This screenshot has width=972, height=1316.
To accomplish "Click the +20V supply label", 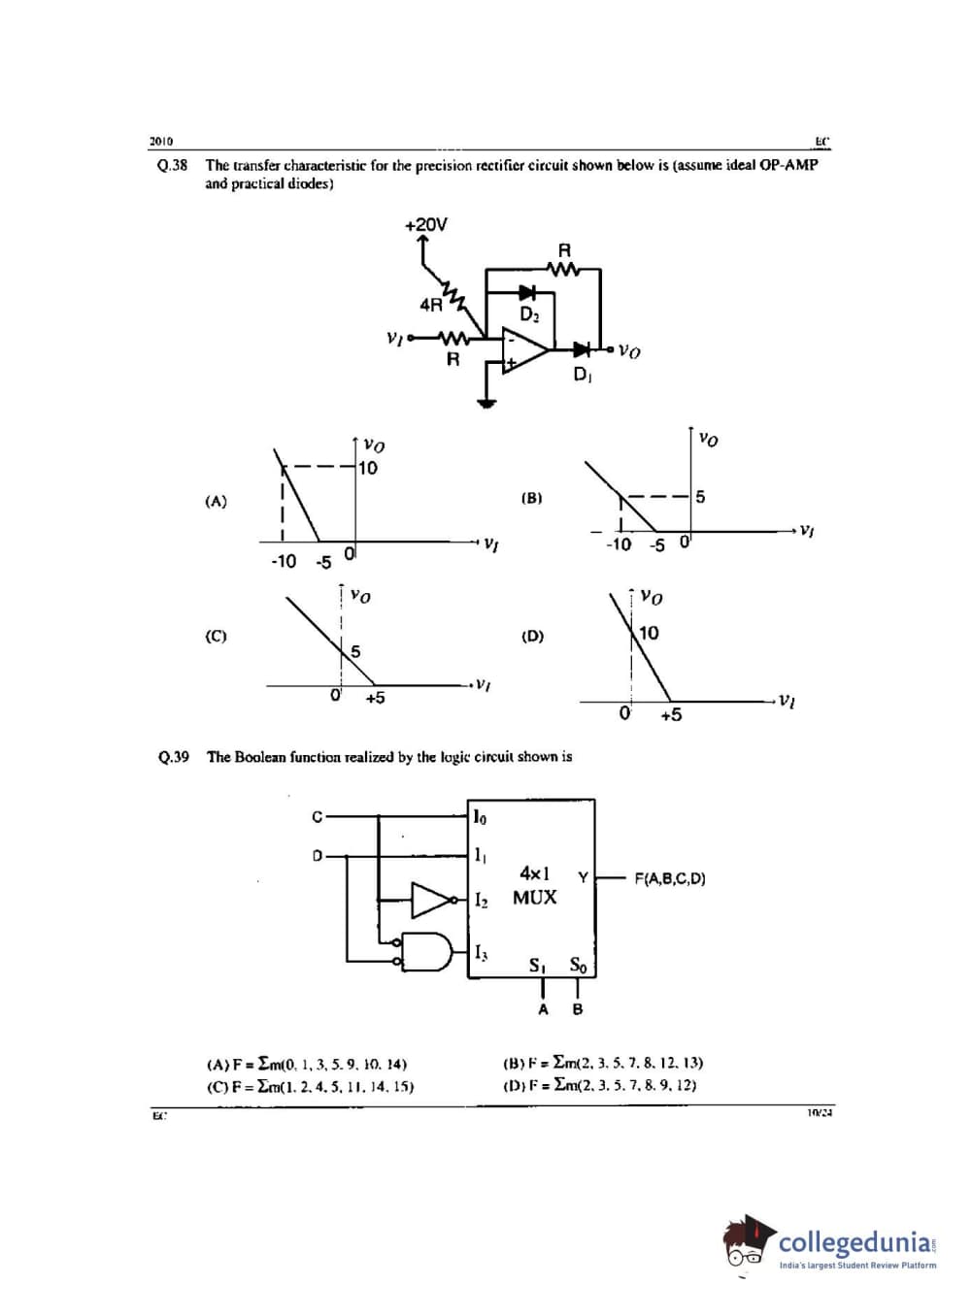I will [x=425, y=224].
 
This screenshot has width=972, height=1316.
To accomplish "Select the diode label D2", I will [x=529, y=314].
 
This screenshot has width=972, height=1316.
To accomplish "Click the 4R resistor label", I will [x=430, y=305].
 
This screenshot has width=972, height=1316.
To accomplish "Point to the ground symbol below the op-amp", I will [x=486, y=403].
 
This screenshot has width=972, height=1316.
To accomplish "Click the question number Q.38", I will [x=172, y=165].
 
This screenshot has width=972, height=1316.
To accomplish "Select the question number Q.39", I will [x=173, y=757].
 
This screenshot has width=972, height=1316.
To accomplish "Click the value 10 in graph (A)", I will [x=368, y=468].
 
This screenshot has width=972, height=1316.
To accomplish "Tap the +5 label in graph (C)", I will [x=375, y=698].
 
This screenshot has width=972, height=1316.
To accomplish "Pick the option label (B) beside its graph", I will [x=531, y=498].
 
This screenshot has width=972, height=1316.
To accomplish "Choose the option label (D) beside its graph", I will [x=532, y=637].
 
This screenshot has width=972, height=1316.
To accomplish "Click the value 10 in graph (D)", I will [x=649, y=633].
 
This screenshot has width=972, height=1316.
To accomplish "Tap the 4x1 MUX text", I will [x=534, y=885].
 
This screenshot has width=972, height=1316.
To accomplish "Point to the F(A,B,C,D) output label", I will [x=670, y=879].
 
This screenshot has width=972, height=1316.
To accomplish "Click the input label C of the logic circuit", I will [x=317, y=817].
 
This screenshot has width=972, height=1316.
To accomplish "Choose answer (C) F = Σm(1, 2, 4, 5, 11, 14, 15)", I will [x=311, y=1087].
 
